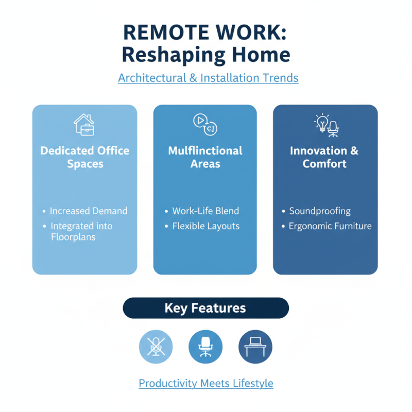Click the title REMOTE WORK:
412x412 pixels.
coord(205,32)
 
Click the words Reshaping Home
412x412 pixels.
coord(205,55)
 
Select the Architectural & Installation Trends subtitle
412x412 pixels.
coord(208,78)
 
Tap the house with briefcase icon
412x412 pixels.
coord(84,125)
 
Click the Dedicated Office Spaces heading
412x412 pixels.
coord(85,157)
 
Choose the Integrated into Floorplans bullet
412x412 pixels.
coord(81,232)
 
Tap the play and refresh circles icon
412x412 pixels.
coord(205,125)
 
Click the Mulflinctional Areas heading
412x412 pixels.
coord(205,157)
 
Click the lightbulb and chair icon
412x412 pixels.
coord(327,125)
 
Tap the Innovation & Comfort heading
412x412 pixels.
coord(325,157)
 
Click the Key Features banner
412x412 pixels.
coord(205,308)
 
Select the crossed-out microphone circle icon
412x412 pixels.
coord(156,347)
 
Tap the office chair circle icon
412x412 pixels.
coord(205,347)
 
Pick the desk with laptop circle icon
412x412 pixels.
coord(255,347)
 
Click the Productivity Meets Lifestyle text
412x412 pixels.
coord(205,384)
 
